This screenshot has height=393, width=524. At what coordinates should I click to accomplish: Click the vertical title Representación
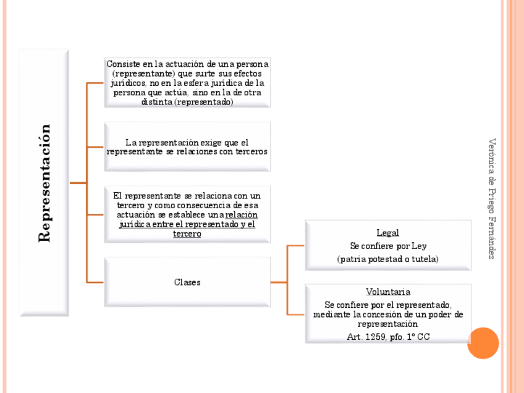44,183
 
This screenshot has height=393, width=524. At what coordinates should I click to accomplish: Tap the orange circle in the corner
483,343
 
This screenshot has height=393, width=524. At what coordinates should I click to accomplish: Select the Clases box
187,282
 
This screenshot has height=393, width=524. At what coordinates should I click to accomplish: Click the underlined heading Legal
387,233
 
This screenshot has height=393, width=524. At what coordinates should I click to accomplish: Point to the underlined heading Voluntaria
387,292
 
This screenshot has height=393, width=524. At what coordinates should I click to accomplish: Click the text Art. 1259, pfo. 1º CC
388,337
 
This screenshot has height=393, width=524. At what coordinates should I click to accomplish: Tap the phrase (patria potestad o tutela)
387,259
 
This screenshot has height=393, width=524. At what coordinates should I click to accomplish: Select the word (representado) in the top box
204,102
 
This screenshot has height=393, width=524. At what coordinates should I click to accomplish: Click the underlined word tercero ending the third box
187,234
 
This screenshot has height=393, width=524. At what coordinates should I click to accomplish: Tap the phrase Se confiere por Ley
387,246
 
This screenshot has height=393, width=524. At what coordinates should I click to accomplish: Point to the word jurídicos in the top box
127,83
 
